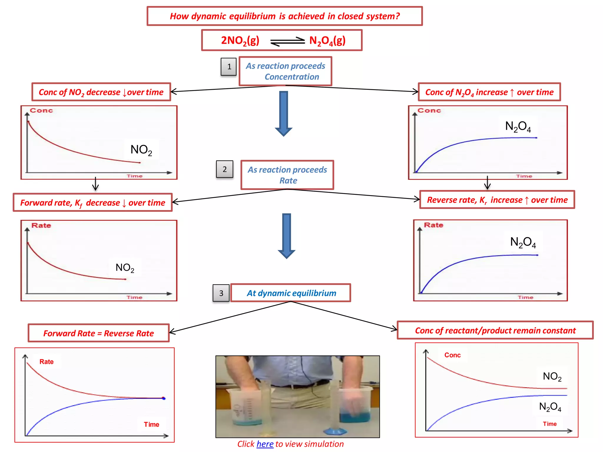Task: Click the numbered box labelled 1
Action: pos(228,67)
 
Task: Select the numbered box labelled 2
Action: pos(224,169)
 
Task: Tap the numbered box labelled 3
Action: pos(221,293)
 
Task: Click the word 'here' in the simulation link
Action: pos(265,444)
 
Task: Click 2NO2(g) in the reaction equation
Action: pos(240,41)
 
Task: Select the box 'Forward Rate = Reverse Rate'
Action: pos(99,333)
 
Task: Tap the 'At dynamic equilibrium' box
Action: pos(291,293)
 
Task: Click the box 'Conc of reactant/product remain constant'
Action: pos(495,330)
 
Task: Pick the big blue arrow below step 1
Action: pos(283,113)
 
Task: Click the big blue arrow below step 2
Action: pos(286,235)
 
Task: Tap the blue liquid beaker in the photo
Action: pos(355,408)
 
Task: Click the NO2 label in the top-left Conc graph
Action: pos(141,150)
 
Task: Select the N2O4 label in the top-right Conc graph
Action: pos(518,127)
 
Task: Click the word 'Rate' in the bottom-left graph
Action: pos(47,362)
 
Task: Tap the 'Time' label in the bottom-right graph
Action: pos(550,424)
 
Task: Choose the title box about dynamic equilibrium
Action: pos(284,16)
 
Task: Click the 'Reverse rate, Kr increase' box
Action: pos(497,200)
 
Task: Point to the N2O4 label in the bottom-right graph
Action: pos(550,407)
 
